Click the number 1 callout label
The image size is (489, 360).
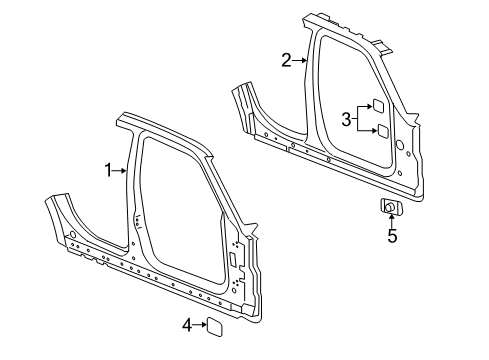(109, 171)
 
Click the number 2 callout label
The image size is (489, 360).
(285, 61)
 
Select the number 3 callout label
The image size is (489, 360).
(345, 120)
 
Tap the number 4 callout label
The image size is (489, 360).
(186, 324)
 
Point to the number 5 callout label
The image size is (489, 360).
(392, 237)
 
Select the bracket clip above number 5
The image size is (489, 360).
(391, 207)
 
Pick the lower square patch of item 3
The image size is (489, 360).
(381, 131)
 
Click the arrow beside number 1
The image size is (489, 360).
(123, 171)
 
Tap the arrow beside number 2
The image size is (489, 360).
(300, 61)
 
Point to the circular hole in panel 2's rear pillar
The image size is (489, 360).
(400, 147)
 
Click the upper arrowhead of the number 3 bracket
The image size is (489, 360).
(368, 107)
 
